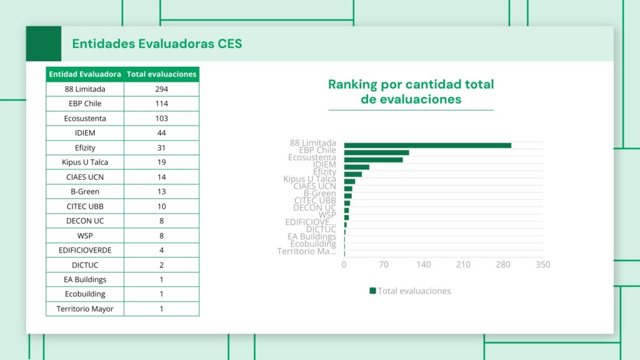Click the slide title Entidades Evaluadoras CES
[157, 44]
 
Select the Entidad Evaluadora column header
[85, 74]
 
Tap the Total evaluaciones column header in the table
[161, 74]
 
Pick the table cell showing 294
[161, 89]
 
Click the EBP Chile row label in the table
[85, 104]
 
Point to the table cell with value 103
[161, 118]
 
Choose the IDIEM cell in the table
[85, 133]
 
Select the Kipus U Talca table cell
[85, 162]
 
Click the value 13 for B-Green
[161, 192]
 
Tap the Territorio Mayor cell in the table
[85, 309]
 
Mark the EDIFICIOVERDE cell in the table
[85, 250]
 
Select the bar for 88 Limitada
[427, 146]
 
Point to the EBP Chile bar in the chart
[376, 152]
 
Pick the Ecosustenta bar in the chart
[373, 160]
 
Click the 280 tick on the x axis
[503, 264]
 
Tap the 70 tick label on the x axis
[384, 264]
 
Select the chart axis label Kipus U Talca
[309, 179]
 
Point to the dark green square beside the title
[44, 44]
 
